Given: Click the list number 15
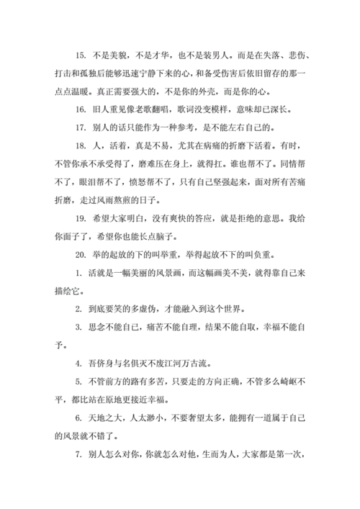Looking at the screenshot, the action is point(79,54).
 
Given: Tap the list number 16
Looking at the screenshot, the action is point(79,110).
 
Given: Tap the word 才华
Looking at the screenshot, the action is point(168,54).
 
